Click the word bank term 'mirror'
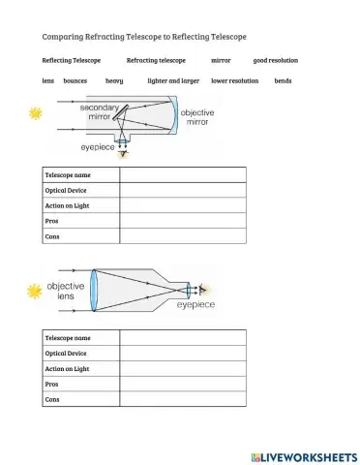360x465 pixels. [x=221, y=60]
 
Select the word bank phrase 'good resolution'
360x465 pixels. [x=275, y=60]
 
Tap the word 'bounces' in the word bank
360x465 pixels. [x=75, y=80]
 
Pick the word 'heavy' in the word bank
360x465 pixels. [x=114, y=80]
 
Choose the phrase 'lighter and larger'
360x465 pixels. [x=173, y=80]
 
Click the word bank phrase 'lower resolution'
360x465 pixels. [x=234, y=80]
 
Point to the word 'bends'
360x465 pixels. [x=283, y=80]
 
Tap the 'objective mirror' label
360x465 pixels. [x=198, y=118]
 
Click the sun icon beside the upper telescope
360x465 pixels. [x=36, y=114]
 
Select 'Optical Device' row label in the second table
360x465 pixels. [x=66, y=354]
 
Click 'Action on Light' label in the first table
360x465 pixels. [x=67, y=205]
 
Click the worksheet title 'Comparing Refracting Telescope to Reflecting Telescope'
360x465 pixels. [x=144, y=36]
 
